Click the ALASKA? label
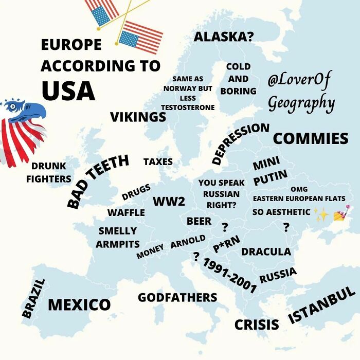[x=224, y=37]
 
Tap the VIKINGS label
[x=138, y=117]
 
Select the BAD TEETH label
[x=98, y=181]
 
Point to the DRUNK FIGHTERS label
[x=49, y=172]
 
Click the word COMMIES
[x=310, y=138]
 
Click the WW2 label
[x=169, y=201]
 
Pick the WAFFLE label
[x=126, y=213]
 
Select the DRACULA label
[x=266, y=251]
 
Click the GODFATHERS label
[x=177, y=297]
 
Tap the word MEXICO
[x=79, y=304]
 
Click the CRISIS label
[x=257, y=325]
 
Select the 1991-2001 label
[x=229, y=276]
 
